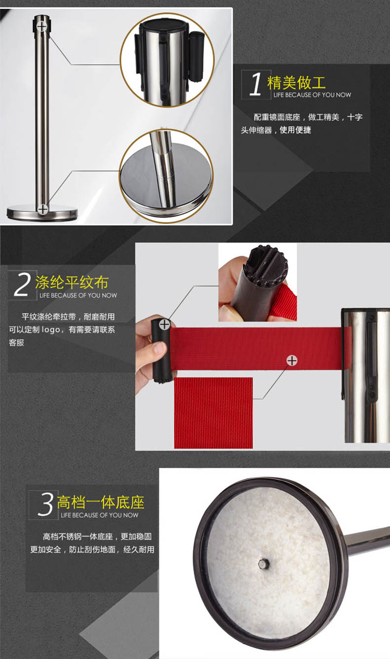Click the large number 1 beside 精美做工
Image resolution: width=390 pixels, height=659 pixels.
256,84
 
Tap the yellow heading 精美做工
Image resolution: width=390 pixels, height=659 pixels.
296,82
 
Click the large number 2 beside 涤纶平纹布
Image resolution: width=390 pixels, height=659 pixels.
22,284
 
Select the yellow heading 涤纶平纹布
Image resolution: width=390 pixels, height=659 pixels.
72,283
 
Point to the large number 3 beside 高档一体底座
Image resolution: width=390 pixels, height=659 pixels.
45,504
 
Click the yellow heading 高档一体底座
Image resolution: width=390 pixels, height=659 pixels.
101,502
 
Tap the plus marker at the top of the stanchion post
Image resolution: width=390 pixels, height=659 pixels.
42,27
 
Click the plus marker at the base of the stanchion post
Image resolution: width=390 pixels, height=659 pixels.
43,209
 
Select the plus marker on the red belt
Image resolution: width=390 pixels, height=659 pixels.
292,361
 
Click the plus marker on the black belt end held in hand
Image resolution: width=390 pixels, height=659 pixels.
164,325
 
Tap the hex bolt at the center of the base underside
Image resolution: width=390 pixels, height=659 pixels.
264,564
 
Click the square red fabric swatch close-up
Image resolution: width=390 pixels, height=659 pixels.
213,413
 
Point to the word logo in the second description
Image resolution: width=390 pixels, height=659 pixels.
51,329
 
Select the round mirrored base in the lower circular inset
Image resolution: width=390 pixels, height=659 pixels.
166,183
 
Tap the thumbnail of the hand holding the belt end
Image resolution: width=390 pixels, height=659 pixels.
258,282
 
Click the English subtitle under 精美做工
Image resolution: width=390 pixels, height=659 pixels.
312,95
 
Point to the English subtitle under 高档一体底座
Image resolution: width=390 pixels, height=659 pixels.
99,515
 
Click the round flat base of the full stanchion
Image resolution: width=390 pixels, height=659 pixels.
42,212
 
